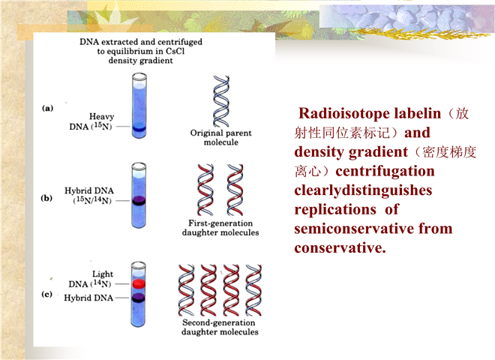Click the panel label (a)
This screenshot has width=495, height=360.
pyautogui.click(x=48, y=108)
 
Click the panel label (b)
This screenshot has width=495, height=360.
pyautogui.click(x=46, y=198)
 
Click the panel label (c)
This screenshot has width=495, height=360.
pyautogui.click(x=46, y=294)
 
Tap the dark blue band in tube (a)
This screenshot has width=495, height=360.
pyautogui.click(x=139, y=128)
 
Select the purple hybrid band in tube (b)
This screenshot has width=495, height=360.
pyautogui.click(x=139, y=201)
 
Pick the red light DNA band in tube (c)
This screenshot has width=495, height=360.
pyautogui.click(x=139, y=283)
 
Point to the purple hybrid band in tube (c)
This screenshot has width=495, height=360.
pyautogui.click(x=139, y=298)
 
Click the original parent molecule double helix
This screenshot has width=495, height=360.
pyautogui.click(x=221, y=101)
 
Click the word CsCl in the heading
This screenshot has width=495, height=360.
pyautogui.click(x=175, y=51)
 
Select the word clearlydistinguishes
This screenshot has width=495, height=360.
pyautogui.click(x=363, y=190)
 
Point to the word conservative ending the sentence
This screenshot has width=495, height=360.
pyautogui.click(x=340, y=248)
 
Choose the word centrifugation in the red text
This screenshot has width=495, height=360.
pyautogui.click(x=385, y=172)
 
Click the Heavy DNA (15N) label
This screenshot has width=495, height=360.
pyautogui.click(x=91, y=121)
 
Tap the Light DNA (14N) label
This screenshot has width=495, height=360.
pyautogui.click(x=91, y=279)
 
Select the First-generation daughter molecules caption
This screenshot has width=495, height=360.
pyautogui.click(x=220, y=228)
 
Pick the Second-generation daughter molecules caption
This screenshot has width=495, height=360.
pyautogui.click(x=220, y=327)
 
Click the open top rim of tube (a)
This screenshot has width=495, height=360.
pyautogui.click(x=139, y=76)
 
